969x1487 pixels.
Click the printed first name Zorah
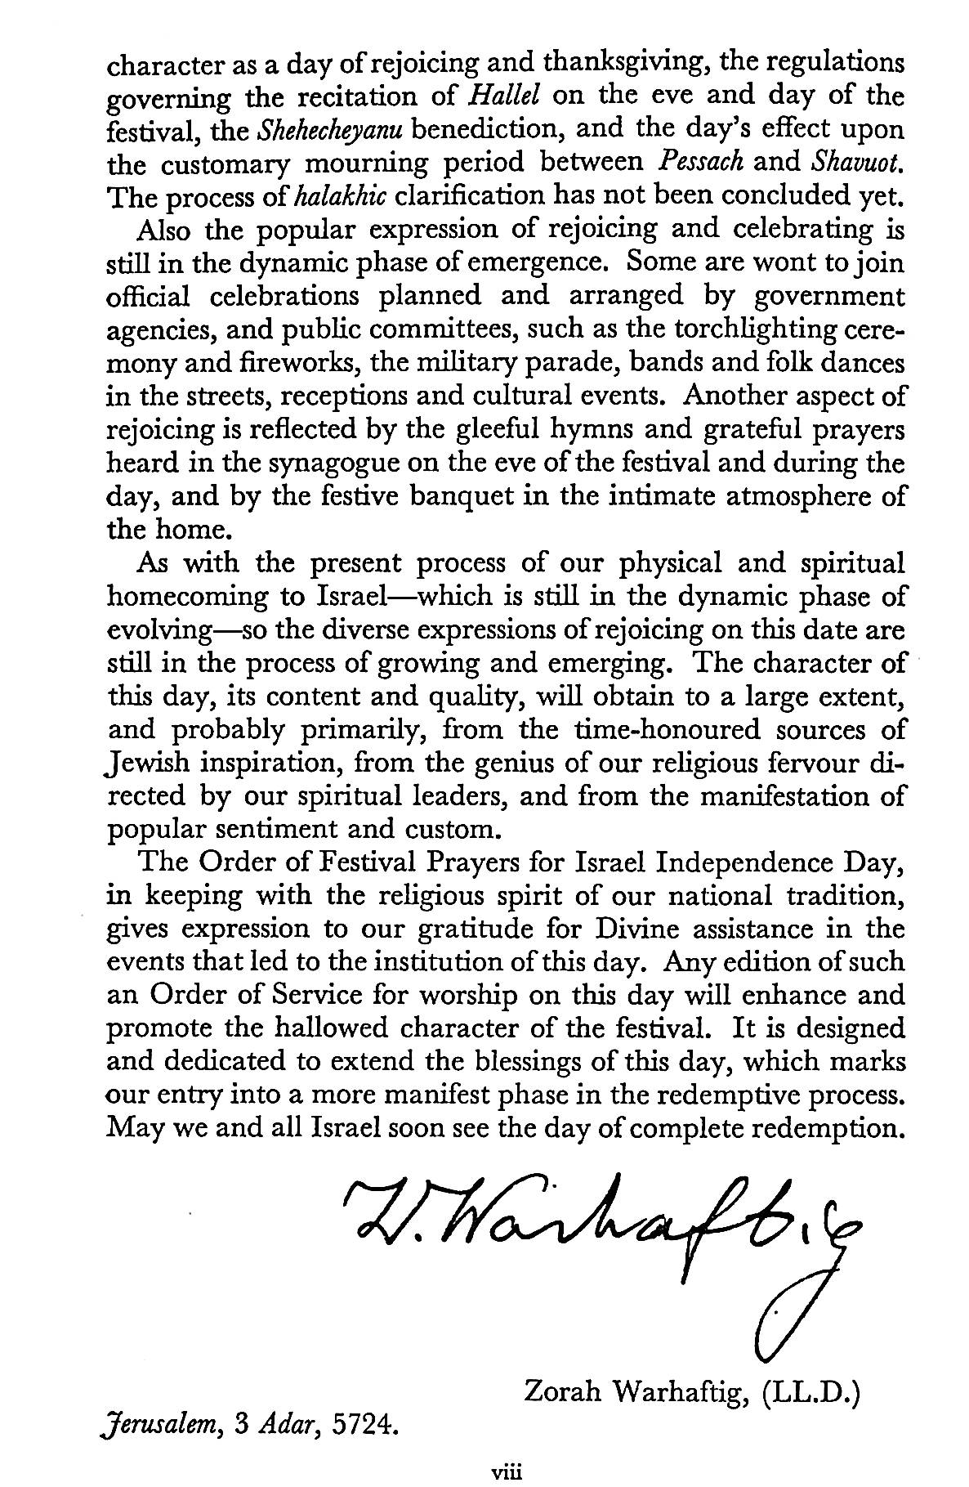pos(563,1391)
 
